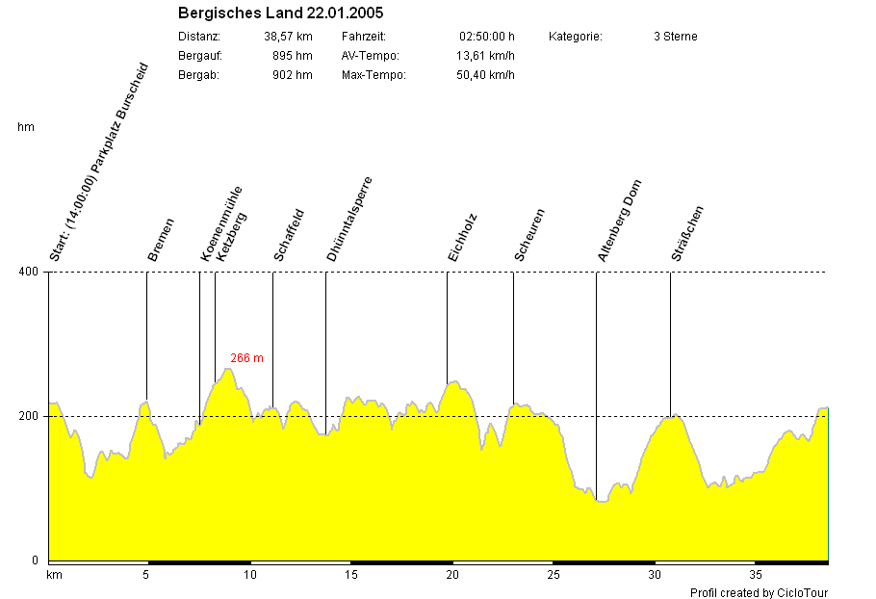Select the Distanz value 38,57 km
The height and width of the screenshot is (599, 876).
pos(288,37)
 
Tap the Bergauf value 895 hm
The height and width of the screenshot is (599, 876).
pos(293,56)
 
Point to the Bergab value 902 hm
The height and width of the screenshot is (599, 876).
pos(293,75)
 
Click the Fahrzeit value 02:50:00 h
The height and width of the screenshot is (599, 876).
pos(487,37)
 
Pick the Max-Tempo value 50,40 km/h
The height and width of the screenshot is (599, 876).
pos(485,75)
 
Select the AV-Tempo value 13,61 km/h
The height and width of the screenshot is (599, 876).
pos(485,56)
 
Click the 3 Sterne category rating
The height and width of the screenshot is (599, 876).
pos(675,37)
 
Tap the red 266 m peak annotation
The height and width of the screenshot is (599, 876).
pos(246,358)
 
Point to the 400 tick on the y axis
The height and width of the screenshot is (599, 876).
pos(28,272)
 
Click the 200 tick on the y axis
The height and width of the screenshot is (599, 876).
pos(28,416)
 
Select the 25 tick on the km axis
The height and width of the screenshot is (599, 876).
pos(553,576)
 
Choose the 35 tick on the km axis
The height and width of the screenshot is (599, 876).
pos(757,576)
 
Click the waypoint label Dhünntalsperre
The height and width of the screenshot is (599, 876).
pos(348,220)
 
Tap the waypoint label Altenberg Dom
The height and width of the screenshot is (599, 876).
pos(619,221)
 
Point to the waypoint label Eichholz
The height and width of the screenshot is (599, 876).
pos(462,238)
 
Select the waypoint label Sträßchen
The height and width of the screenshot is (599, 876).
pos(687,234)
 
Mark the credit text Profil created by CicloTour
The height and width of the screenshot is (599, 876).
pos(759,592)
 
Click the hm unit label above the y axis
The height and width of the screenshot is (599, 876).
pos(26,127)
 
